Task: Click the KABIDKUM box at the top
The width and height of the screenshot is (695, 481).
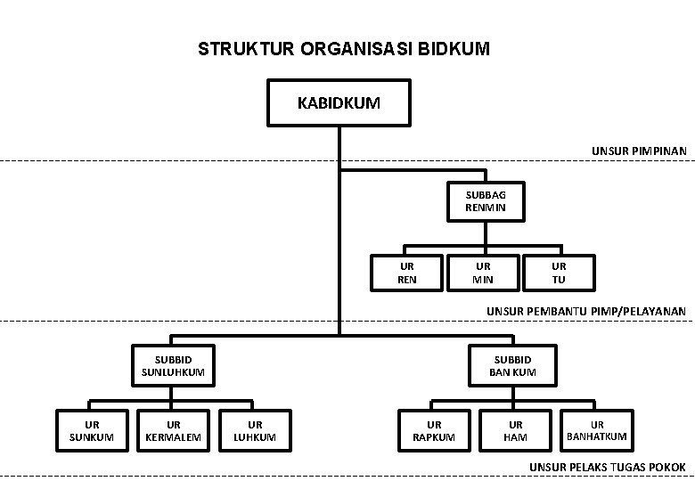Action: click(339, 102)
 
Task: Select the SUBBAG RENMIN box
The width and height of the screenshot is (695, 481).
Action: click(486, 201)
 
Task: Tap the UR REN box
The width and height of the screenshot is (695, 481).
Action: click(407, 273)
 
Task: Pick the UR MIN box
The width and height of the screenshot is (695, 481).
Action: click(483, 273)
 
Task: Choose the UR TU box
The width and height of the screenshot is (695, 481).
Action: click(559, 273)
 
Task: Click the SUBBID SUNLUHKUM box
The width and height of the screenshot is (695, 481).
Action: click(174, 366)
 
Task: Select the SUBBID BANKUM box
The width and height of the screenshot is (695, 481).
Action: click(513, 366)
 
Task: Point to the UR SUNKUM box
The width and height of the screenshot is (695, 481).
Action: click(92, 431)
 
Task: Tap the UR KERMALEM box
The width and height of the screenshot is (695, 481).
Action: click(174, 431)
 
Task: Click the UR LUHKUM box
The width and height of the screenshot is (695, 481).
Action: click(256, 431)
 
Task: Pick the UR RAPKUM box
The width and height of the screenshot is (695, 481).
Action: click(435, 431)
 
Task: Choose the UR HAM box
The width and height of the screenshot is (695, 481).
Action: click(516, 431)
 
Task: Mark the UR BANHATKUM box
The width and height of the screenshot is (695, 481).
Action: click(597, 431)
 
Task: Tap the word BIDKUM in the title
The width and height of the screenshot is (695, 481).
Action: click(454, 49)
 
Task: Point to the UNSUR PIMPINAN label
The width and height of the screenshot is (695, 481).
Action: click(639, 151)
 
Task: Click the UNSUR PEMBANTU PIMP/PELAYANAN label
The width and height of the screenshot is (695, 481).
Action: click(586, 312)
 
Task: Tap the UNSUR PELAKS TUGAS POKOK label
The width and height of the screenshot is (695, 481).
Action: click(608, 468)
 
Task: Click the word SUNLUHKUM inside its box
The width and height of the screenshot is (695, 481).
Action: click(174, 372)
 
